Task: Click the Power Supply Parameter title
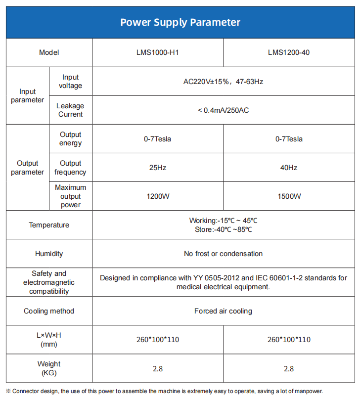(x=180, y=22)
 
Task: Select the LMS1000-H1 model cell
(x=158, y=52)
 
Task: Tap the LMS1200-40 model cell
(x=289, y=52)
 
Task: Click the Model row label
(x=49, y=52)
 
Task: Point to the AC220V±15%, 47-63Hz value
(x=223, y=82)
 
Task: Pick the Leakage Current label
(x=70, y=110)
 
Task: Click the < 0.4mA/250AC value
(x=223, y=110)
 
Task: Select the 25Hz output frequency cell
(x=158, y=168)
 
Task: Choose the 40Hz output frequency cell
(x=289, y=168)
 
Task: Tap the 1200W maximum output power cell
(x=158, y=196)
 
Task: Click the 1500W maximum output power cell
(x=289, y=196)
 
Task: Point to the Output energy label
(x=70, y=139)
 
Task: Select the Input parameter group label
(x=28, y=95)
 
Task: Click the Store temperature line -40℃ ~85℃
(x=223, y=229)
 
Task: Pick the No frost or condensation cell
(x=223, y=254)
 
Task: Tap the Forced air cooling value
(x=223, y=311)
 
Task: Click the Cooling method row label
(x=49, y=311)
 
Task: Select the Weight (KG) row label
(x=49, y=368)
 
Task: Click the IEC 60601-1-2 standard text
(x=274, y=278)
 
